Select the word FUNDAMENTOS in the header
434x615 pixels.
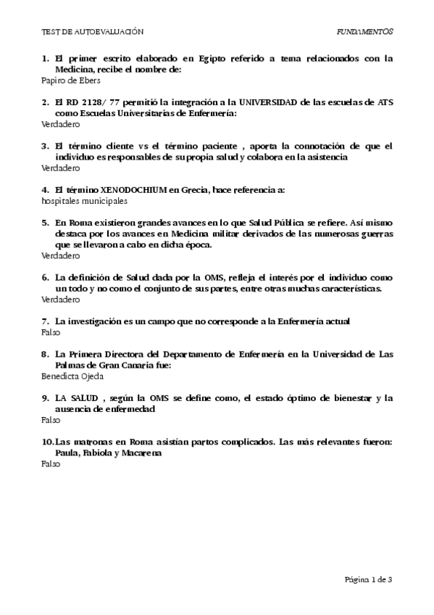pyautogui.click(x=365, y=32)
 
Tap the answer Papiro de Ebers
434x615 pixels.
pyautogui.click(x=71, y=81)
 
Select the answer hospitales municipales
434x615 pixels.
pyautogui.click(x=84, y=201)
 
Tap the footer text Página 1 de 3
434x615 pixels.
pyautogui.click(x=369, y=579)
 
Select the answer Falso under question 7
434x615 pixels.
pyautogui.click(x=50, y=332)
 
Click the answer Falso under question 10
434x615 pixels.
pyautogui.click(x=50, y=463)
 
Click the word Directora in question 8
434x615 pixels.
pyautogui.click(x=128, y=354)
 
